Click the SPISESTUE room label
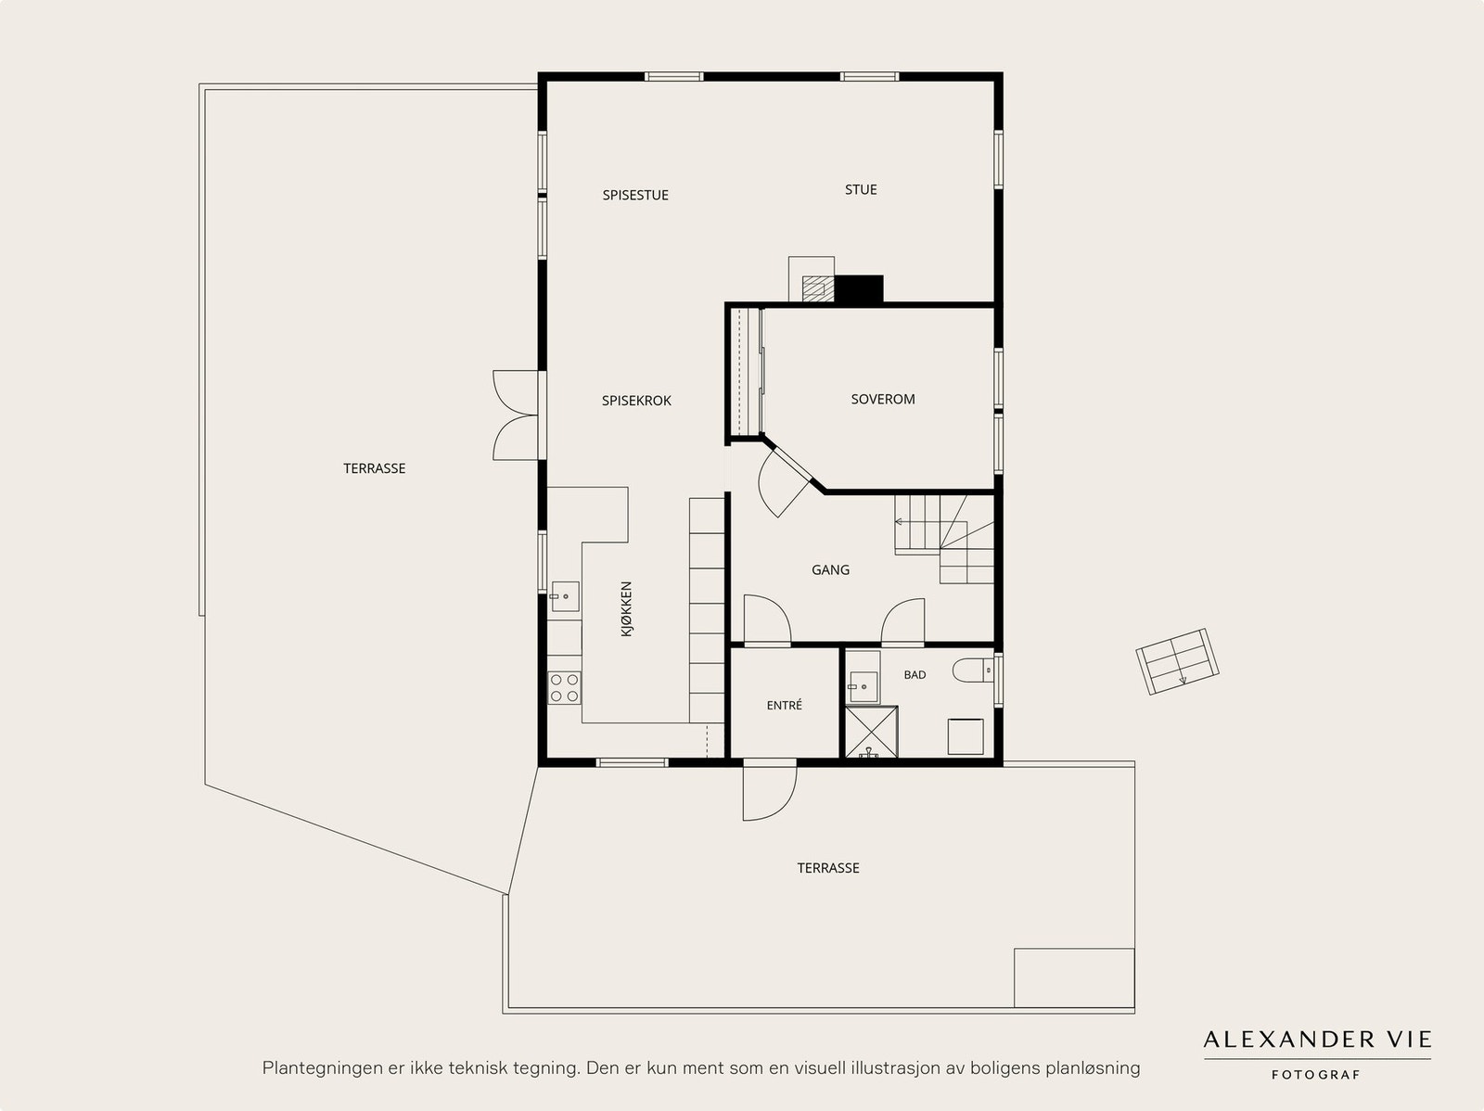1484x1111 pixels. [635, 196]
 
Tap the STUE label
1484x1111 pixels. [861, 190]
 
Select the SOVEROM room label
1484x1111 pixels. [883, 400]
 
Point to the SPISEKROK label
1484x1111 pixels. [636, 401]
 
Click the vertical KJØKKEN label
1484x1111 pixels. [627, 609]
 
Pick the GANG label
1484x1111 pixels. [830, 570]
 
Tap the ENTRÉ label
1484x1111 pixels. [785, 706]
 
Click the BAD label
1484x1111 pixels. [915, 675]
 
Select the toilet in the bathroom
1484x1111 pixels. [973, 670]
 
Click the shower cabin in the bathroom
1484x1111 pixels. [872, 732]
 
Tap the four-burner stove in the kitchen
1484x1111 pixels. [564, 688]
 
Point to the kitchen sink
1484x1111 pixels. [565, 596]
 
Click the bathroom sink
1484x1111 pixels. [864, 686]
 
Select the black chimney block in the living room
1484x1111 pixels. [859, 288]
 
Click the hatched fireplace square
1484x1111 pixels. [818, 288]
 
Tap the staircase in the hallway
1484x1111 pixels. [944, 539]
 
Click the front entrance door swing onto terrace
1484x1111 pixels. [770, 791]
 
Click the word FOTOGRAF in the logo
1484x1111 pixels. [1316, 1075]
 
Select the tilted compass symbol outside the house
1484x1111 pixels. [1177, 661]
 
